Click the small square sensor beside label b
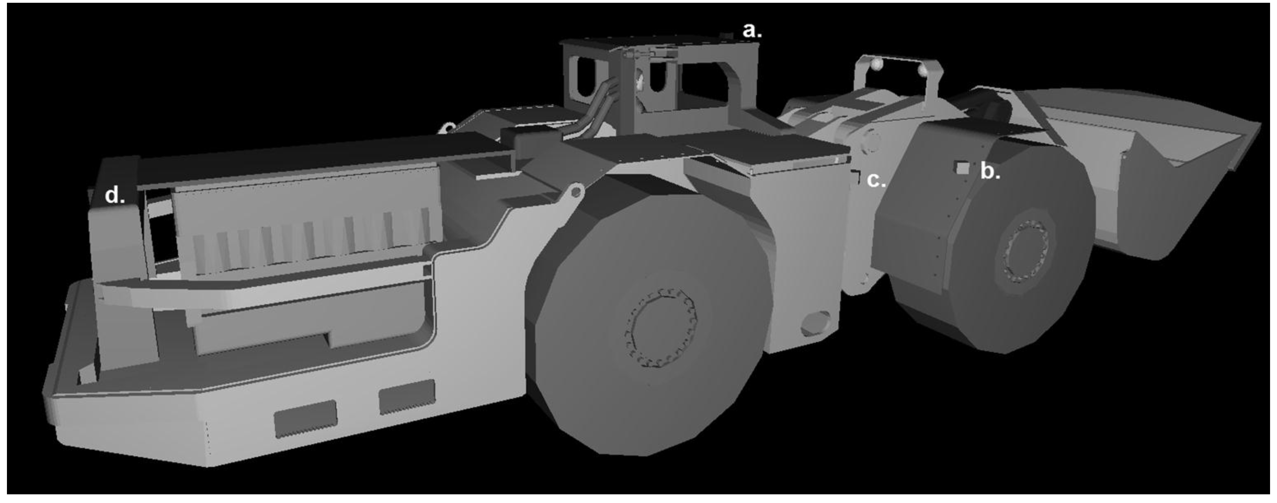(962, 168)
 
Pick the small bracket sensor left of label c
(855, 177)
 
